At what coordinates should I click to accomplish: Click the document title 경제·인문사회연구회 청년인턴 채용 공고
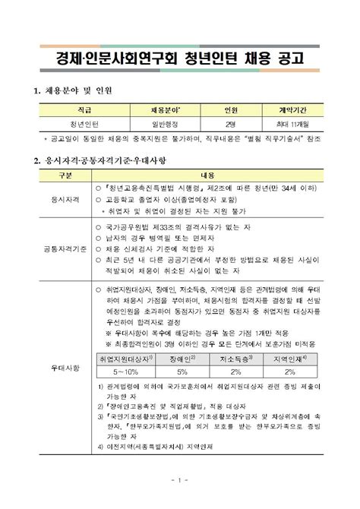[x=179, y=57]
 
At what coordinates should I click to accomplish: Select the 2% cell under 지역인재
[x=289, y=371]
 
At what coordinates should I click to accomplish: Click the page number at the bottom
[x=179, y=480]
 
